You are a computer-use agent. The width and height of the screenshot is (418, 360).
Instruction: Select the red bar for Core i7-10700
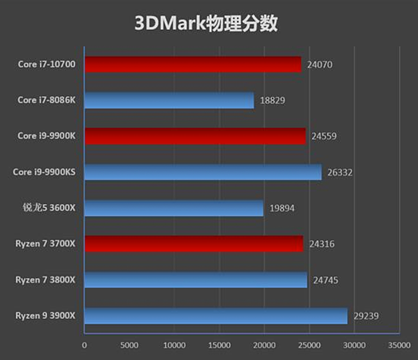tap(193, 65)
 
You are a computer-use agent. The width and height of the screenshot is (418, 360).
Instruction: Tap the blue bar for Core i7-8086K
tap(169, 100)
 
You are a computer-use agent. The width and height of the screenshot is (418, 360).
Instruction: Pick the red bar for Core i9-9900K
tap(195, 136)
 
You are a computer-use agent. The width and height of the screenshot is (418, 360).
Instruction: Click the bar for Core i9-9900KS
tap(203, 172)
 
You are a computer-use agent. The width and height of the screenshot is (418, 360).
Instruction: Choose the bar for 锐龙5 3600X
tap(174, 208)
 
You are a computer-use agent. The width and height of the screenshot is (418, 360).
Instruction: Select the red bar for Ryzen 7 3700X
tap(194, 244)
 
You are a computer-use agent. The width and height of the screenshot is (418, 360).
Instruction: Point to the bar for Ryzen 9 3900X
tap(216, 315)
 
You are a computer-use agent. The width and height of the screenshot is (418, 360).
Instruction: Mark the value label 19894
tap(281, 208)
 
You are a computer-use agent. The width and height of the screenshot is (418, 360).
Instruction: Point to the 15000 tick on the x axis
tap(219, 345)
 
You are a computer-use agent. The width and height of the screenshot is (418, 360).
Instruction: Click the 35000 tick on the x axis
tap(399, 345)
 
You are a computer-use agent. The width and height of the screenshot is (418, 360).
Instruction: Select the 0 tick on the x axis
tap(84, 345)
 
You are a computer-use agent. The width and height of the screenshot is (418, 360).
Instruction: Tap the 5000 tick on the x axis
tap(130, 345)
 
